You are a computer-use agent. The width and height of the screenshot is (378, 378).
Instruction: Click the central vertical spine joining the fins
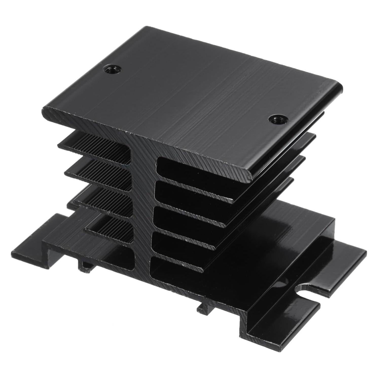(x=143, y=203)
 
